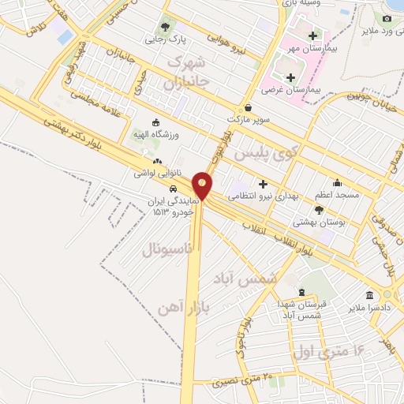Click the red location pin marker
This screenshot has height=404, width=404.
click(203, 185)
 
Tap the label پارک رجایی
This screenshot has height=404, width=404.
click(160, 37)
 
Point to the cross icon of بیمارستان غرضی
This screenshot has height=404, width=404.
click(292, 77)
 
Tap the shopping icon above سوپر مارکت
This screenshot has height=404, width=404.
click(249, 107)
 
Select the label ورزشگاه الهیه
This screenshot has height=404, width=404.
click(155, 136)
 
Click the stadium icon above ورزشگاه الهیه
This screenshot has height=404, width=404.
click(155, 122)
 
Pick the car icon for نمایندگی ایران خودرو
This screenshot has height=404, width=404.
click(172, 189)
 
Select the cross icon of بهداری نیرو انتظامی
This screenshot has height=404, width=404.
click(263, 183)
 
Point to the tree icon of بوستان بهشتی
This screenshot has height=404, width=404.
click(319, 209)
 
